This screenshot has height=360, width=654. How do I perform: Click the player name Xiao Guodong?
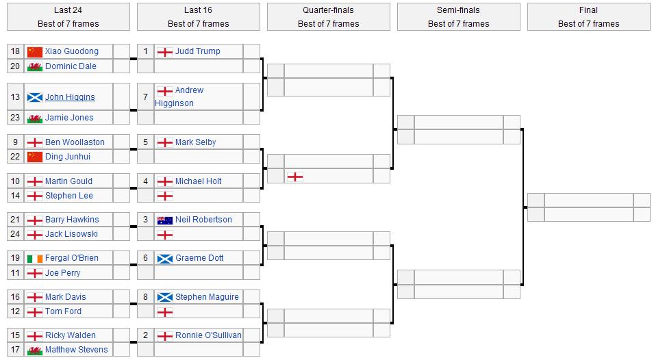pos(71,51)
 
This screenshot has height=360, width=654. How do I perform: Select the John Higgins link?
pos(70,97)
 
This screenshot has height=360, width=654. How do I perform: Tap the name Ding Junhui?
pos(67,157)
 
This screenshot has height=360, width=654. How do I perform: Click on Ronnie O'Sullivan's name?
pos(208,335)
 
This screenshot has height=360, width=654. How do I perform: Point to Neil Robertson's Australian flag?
pos(164,220)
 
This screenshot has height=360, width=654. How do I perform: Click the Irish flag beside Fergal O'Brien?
pos(34,258)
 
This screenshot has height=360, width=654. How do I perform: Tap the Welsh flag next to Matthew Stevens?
pos(34,350)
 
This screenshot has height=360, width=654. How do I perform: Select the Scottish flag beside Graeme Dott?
pos(164,258)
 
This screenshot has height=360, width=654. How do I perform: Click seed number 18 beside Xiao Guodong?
pos(15,51)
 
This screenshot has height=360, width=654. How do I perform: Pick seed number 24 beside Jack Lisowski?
pos(15,234)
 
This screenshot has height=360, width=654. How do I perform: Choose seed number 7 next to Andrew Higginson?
pos(145,97)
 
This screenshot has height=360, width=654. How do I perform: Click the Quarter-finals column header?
pos(328,16)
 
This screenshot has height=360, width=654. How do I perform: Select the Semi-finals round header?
pos(458,16)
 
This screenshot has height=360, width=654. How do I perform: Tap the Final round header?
pos(588,16)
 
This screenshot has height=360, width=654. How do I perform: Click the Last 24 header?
pos(68,16)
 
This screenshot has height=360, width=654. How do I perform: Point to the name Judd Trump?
pos(197,51)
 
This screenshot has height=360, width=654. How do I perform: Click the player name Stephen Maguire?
pos(207,297)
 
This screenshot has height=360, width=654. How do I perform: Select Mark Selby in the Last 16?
pos(195,142)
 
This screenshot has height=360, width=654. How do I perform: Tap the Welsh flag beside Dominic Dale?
pos(34,66)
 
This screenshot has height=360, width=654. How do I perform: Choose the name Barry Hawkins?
pos(71,220)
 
